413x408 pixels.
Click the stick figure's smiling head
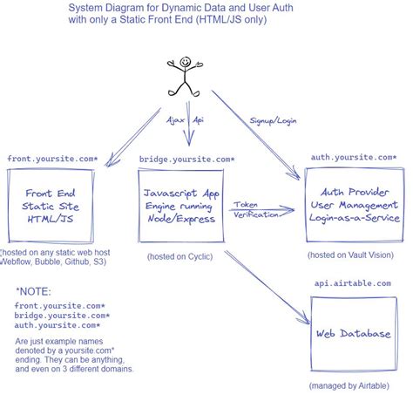(185, 62)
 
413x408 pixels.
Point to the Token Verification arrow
(261, 210)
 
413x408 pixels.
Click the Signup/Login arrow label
(273, 121)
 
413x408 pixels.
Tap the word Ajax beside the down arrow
(175, 120)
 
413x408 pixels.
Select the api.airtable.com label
(353, 283)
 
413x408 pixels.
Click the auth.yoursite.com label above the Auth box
(354, 157)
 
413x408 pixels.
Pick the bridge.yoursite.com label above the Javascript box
(186, 160)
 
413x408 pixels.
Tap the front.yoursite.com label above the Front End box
(52, 159)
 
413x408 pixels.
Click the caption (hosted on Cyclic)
(180, 256)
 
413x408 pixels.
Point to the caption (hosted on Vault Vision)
(350, 255)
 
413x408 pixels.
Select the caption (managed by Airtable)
(349, 386)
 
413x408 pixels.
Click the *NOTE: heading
(33, 292)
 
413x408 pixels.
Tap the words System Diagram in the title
(106, 8)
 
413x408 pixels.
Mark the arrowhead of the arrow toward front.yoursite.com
(110, 162)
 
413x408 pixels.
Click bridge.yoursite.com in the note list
(62, 316)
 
